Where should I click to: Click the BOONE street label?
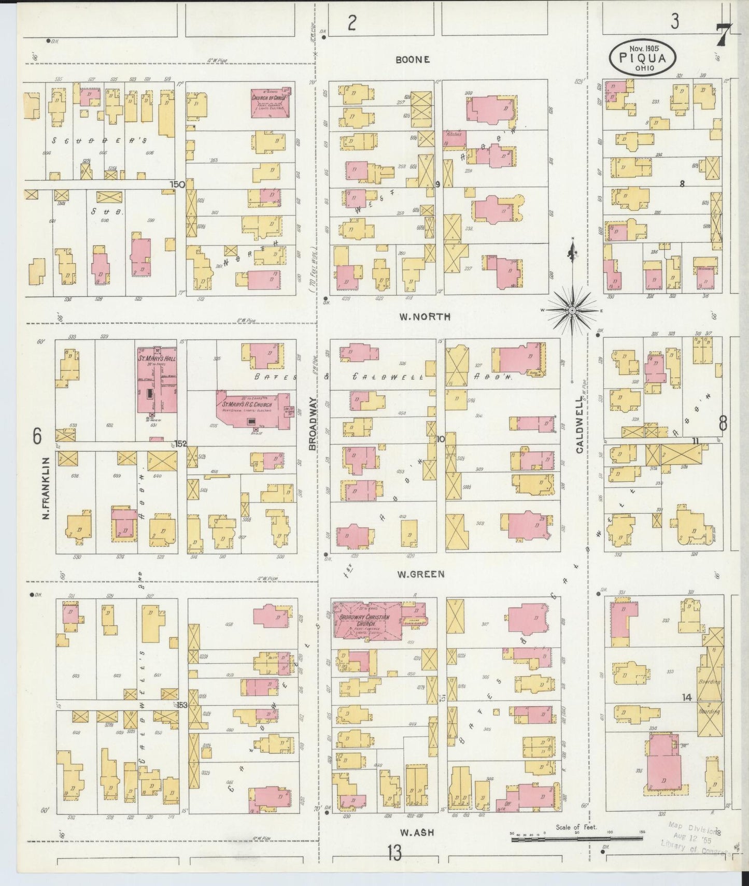click(412, 60)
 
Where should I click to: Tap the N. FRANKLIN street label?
click(46, 488)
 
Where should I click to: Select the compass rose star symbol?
click(572, 310)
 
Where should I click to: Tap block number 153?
click(181, 705)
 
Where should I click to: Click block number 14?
click(687, 698)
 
